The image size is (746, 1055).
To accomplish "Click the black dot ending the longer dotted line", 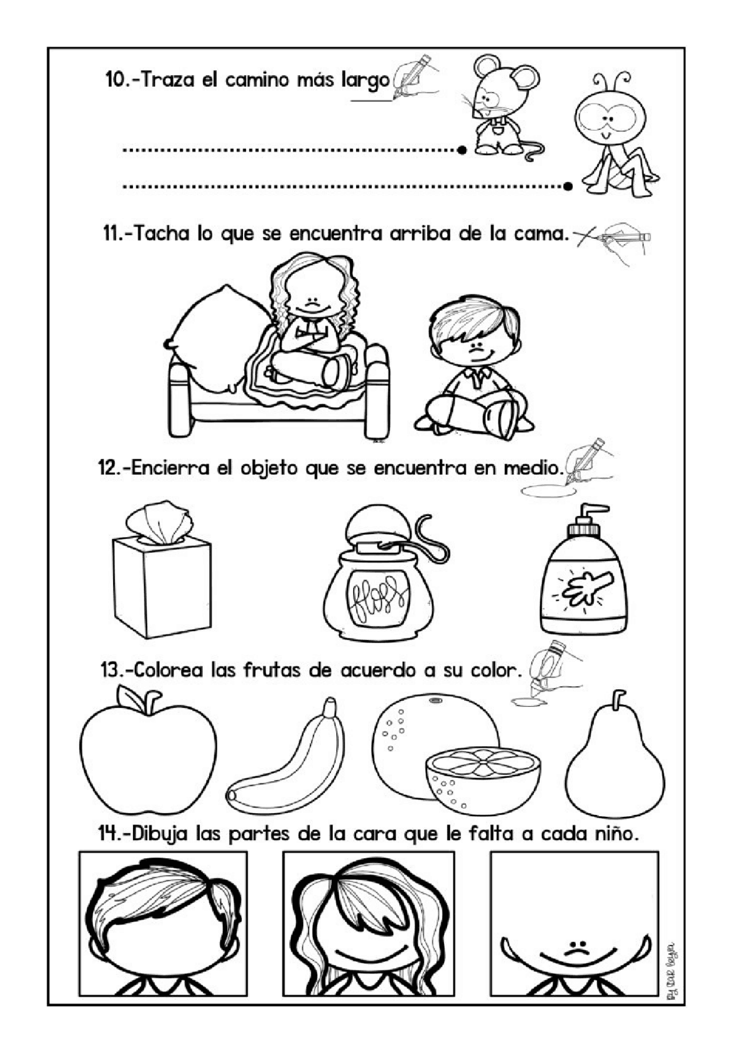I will [x=568, y=186].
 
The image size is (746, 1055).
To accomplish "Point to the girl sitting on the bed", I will [x=312, y=326].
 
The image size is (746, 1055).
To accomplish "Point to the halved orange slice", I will [x=483, y=781].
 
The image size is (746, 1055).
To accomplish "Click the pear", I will [x=615, y=763].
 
